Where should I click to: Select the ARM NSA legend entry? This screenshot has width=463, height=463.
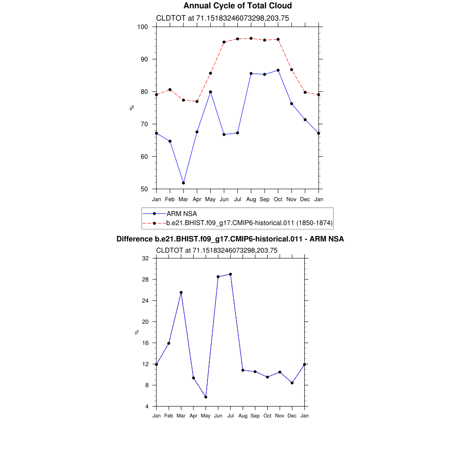point(181,213)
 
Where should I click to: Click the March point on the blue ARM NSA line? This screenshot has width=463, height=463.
point(183,183)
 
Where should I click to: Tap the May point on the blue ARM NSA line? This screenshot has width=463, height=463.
point(210,92)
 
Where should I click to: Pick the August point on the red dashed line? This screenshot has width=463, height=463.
point(251,38)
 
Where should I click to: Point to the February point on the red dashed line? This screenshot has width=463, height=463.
point(170,90)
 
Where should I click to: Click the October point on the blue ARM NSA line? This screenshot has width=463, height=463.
point(278,70)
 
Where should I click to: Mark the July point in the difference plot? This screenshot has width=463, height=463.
point(231,274)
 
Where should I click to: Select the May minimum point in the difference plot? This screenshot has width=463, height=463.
point(206,397)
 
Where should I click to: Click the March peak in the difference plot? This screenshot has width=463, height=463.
point(181,293)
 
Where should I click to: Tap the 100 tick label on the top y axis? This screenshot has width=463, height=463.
point(143,27)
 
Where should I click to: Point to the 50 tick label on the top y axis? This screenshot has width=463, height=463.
point(145,189)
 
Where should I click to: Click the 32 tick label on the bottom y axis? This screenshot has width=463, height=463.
point(145,258)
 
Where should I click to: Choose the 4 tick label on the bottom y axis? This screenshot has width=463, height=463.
point(147,406)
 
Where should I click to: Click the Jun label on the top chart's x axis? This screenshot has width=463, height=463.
point(224,199)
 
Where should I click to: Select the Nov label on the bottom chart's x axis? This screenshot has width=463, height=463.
point(280,416)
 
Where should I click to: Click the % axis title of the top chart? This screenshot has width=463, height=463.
point(132,108)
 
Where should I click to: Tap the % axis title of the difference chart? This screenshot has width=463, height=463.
point(137,332)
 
